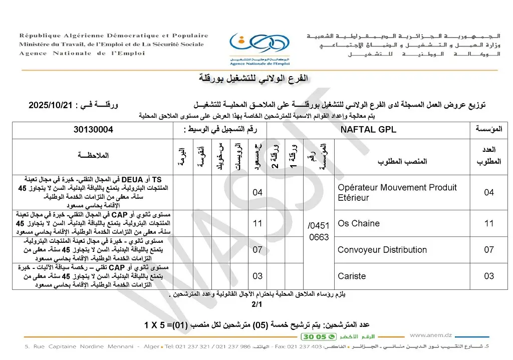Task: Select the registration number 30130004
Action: click(93, 130)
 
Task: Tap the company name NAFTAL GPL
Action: click(368, 130)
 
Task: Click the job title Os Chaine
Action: click(359, 223)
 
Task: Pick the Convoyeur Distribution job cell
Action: click(382, 250)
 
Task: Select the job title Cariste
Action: click(352, 276)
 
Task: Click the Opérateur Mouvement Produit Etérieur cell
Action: click(397, 192)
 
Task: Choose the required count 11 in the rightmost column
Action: click(488, 223)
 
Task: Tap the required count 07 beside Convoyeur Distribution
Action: click(488, 250)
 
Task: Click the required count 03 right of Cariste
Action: click(488, 276)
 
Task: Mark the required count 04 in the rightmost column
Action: click(488, 192)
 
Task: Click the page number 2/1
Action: click(256, 304)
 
